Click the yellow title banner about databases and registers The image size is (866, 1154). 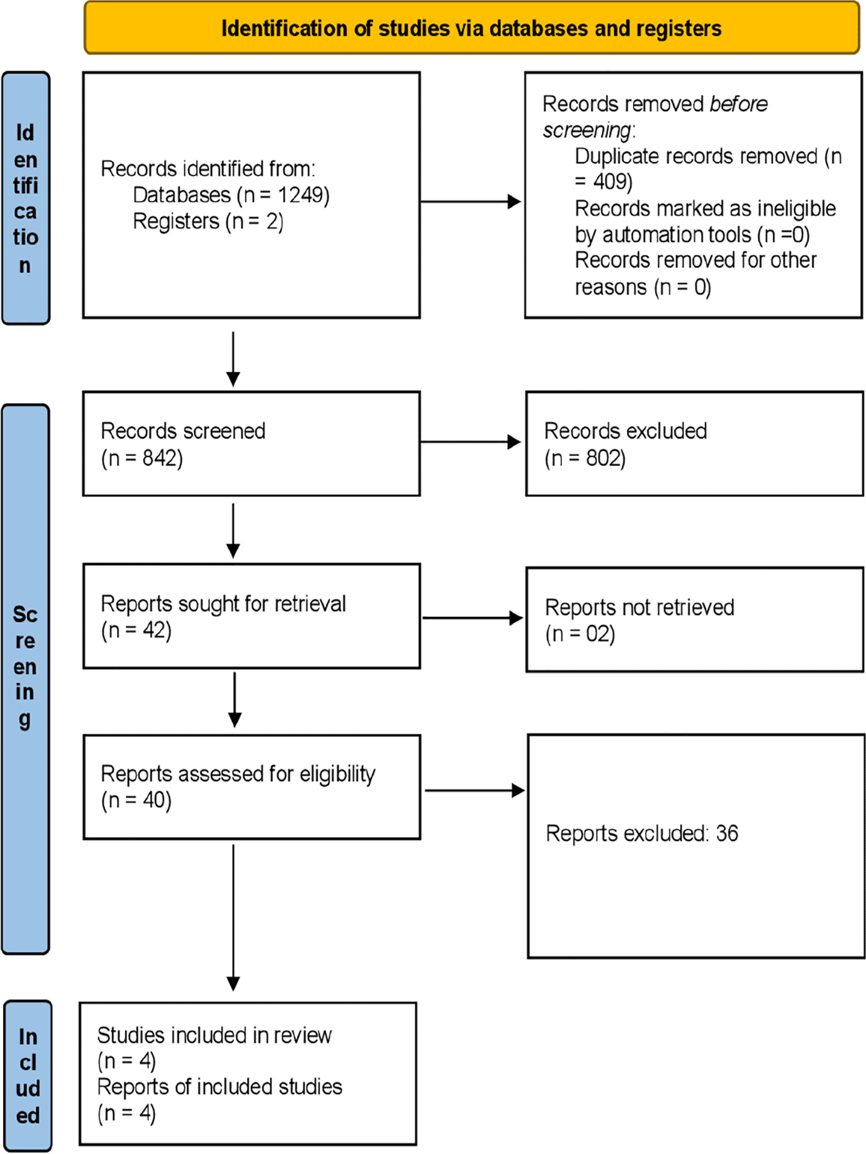472,28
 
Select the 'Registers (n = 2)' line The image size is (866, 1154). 208,221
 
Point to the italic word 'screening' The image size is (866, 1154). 587,130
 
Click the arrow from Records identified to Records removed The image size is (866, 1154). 471,202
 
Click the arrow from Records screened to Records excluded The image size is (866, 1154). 471,442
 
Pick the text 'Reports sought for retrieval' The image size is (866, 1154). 223,604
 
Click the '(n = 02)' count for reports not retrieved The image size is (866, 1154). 580,634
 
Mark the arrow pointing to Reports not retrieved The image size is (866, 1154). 472,618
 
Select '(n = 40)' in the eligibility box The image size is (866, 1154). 136,800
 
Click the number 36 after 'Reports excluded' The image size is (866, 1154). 727,833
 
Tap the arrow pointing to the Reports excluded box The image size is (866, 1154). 475,791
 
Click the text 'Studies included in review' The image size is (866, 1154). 215,1035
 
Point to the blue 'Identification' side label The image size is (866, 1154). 26,198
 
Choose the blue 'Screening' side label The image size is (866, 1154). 25,679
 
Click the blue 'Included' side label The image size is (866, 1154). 28,1075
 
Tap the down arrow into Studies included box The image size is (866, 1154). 233,918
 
